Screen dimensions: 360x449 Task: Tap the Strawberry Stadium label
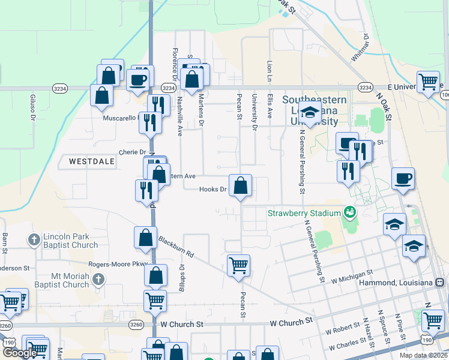tap(303, 213)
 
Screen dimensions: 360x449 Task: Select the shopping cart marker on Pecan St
tap(239, 265)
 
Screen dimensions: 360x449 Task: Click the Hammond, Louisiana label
tap(396, 282)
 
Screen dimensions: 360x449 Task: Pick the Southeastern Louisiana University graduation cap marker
tap(310, 113)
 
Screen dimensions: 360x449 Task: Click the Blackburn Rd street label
tap(177, 247)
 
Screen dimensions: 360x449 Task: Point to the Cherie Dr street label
tap(133, 152)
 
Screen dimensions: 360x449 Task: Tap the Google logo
tap(19, 353)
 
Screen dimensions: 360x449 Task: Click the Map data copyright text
tap(424, 355)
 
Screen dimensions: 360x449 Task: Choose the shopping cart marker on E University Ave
tap(428, 82)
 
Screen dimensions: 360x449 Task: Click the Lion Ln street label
tap(268, 71)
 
